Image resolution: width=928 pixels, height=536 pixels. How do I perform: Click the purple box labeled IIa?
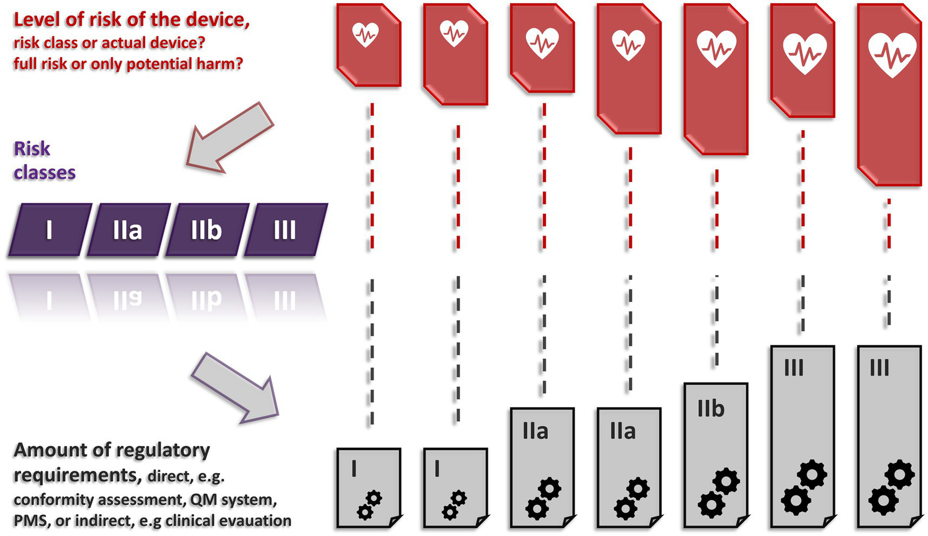pyautogui.click(x=128, y=230)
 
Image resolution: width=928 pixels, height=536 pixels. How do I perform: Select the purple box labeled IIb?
pyautogui.click(x=206, y=230)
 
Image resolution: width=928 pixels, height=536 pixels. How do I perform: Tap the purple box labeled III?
pyautogui.click(x=285, y=230)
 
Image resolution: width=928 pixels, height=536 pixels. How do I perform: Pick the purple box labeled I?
pyautogui.click(x=49, y=230)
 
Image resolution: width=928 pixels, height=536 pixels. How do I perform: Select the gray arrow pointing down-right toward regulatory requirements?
pyautogui.click(x=236, y=387)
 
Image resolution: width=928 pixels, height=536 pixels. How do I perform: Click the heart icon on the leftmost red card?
pyautogui.click(x=366, y=34)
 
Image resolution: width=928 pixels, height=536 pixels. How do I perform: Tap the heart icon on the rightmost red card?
pyautogui.click(x=892, y=54)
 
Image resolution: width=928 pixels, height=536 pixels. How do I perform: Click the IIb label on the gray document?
pyautogui.click(x=710, y=409)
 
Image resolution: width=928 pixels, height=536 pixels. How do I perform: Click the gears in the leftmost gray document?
pyautogui.click(x=369, y=505)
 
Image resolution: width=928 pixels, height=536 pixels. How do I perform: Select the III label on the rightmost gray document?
pyautogui.click(x=879, y=367)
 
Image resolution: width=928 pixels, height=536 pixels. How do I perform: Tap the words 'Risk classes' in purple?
pyautogui.click(x=44, y=161)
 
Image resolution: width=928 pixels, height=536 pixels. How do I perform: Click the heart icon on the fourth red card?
pyautogui.click(x=629, y=45)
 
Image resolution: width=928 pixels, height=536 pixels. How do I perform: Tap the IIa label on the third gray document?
pyautogui.click(x=536, y=431)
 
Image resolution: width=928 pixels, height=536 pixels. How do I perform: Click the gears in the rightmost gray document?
pyautogui.click(x=892, y=486)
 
